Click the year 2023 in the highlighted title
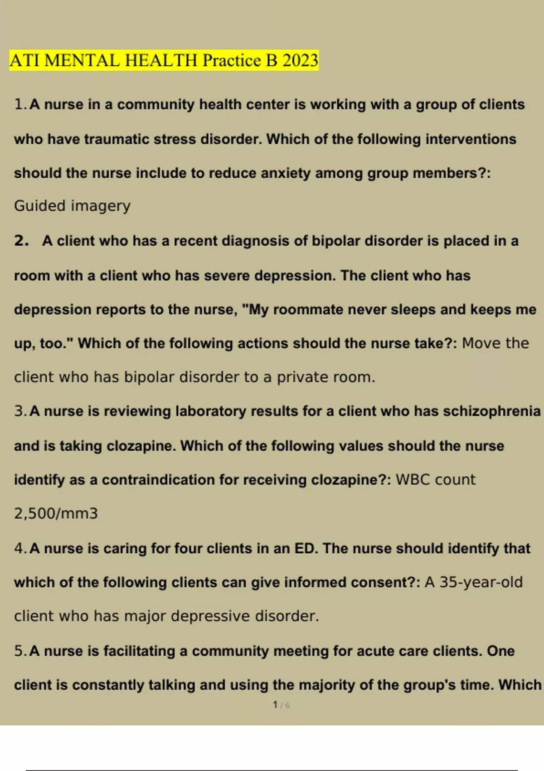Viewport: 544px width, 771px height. coord(300,60)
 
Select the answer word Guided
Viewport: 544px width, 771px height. coord(40,206)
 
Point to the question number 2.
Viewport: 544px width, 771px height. coord(21,240)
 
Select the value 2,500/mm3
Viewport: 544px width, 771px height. coord(56,513)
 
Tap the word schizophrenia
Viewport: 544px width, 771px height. coord(491,411)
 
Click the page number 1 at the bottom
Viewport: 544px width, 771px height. coord(275,705)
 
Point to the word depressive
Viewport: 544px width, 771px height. coord(210,616)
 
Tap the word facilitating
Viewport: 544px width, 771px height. coord(139,651)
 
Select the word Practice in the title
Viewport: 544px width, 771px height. coord(232,60)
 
